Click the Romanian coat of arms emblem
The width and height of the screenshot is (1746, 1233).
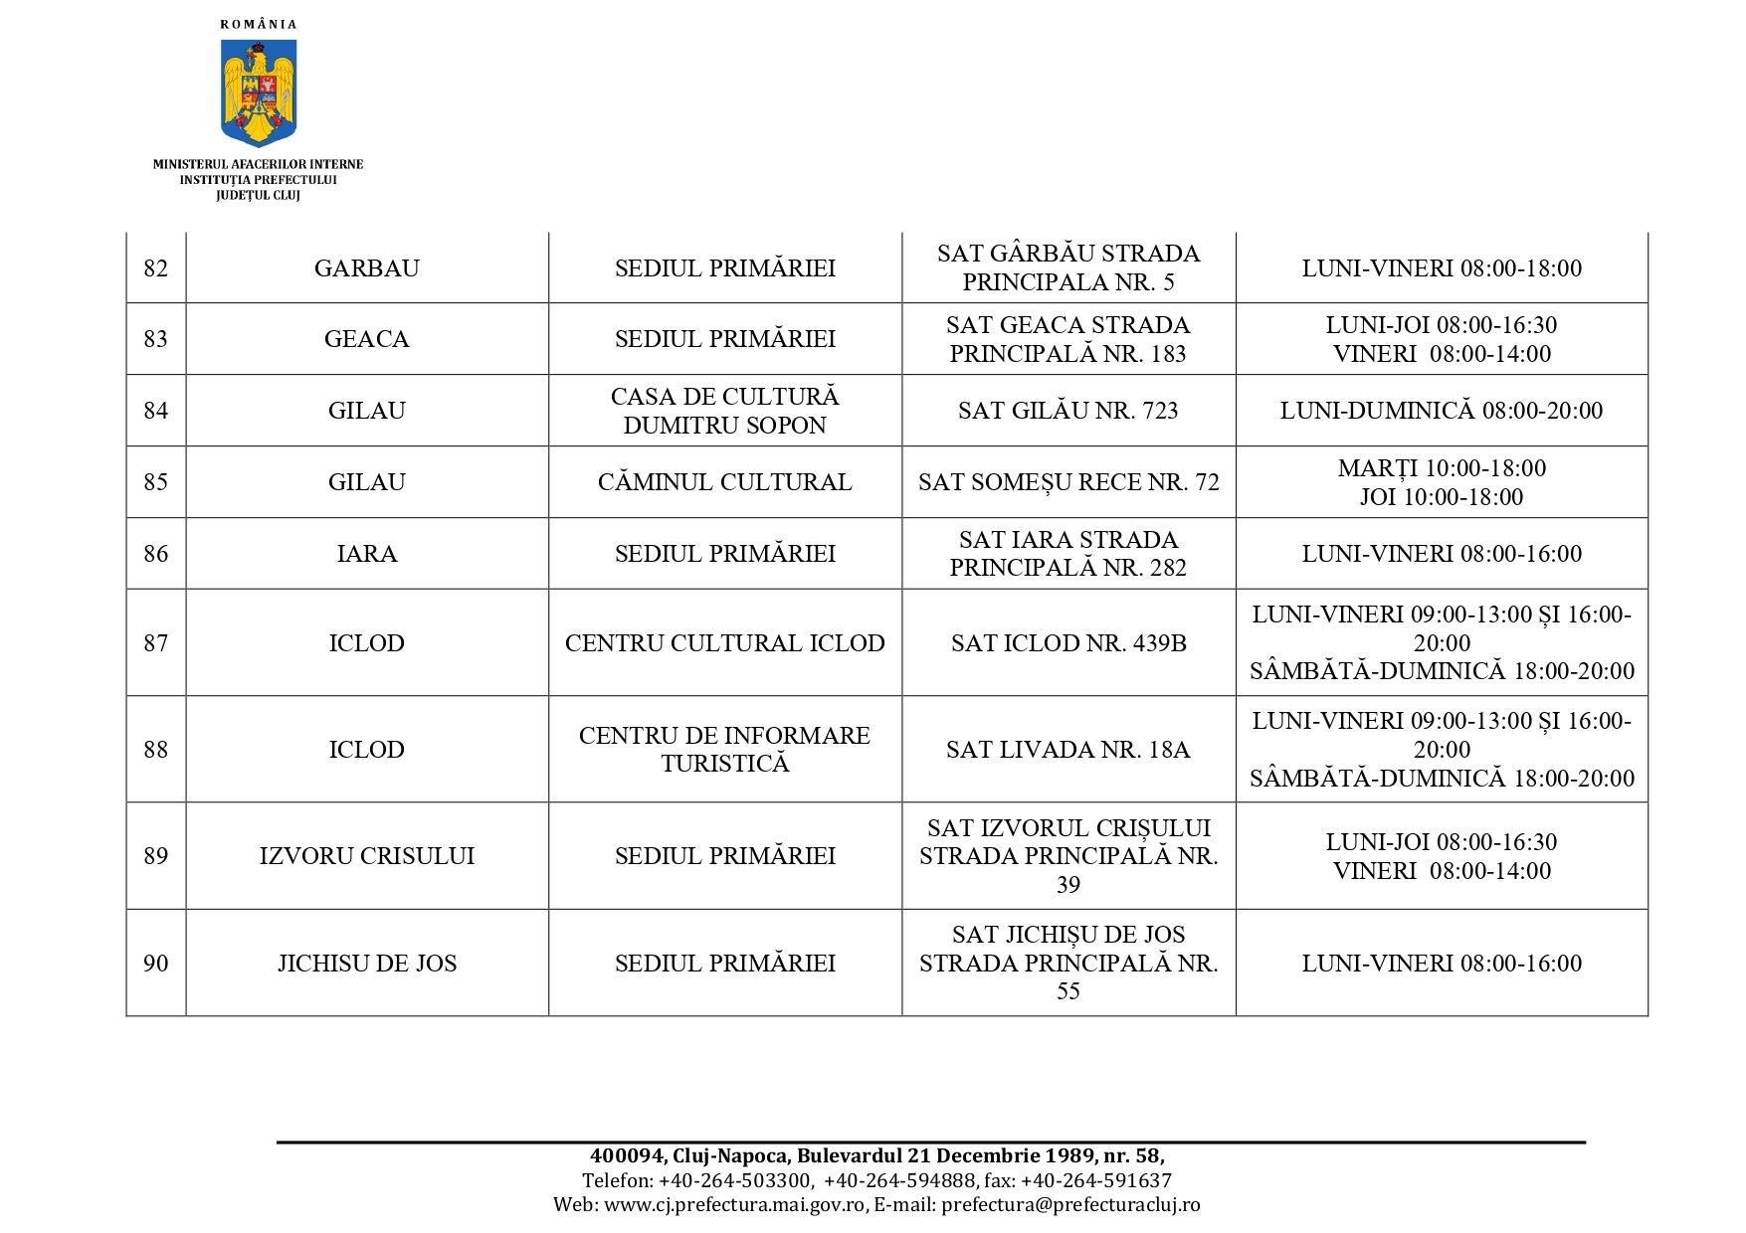[259, 92]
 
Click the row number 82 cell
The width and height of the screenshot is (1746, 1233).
[156, 268]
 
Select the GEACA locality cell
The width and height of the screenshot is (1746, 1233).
[366, 339]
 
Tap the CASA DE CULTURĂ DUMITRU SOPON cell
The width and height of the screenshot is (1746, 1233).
[724, 411]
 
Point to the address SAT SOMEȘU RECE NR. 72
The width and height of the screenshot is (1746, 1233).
[1067, 482]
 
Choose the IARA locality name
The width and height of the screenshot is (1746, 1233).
[366, 554]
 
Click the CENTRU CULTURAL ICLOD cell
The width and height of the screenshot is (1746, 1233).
[724, 643]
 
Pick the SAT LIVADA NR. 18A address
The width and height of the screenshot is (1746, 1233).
[1067, 750]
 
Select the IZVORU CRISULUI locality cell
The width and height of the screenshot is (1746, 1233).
[366, 856]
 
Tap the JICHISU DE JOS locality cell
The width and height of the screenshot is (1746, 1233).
[366, 964]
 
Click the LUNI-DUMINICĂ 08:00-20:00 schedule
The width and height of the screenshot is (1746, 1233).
[1441, 411]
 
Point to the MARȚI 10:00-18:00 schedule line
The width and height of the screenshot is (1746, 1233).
[1441, 468]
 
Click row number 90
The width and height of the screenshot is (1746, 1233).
[156, 964]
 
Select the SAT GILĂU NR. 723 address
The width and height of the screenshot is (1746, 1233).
[1067, 411]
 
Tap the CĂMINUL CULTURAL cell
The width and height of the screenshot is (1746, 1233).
[724, 482]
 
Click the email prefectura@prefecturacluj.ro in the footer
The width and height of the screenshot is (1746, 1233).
[1070, 1204]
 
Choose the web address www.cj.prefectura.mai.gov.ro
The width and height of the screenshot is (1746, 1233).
[734, 1204]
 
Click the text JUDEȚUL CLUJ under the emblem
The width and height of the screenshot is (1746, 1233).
[258, 196]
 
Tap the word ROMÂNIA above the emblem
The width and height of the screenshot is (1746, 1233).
[259, 25]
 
